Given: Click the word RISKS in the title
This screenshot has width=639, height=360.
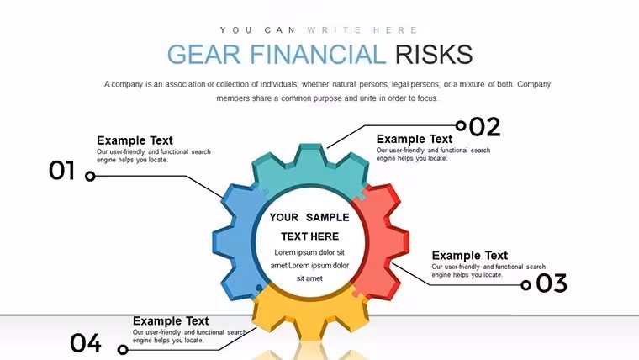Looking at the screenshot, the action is coord(434,54).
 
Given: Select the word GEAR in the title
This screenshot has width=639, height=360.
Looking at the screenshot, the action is coord(203,54).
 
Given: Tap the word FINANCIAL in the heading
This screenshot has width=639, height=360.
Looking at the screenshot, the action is coord(318,54).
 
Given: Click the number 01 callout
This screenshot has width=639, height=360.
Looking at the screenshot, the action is coord(62,171).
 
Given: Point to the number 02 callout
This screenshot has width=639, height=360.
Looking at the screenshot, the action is coord(484,127).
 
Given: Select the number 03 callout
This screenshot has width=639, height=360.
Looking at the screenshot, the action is coord(552,283).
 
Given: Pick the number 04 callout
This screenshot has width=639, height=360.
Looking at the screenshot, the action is coord(86,342).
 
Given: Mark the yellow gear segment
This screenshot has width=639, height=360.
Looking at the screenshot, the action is coord(310,314).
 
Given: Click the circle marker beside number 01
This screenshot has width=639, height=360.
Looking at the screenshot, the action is coord(90,176).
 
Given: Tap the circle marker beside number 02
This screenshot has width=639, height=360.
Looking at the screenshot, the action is coord(461,125).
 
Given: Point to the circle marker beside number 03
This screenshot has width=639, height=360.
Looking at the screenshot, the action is coord(526,285).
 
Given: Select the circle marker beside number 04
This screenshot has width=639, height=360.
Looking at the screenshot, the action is coord(123,349).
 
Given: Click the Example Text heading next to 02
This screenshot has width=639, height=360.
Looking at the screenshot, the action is coord(414,139).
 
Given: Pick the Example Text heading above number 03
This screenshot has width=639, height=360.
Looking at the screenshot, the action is coord(469,256).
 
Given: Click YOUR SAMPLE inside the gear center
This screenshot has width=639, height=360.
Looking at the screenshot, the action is coord(309,218).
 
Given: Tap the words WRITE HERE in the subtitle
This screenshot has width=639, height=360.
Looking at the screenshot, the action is coord(362,30).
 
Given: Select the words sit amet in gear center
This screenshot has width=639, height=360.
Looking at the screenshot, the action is coord(309,278).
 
